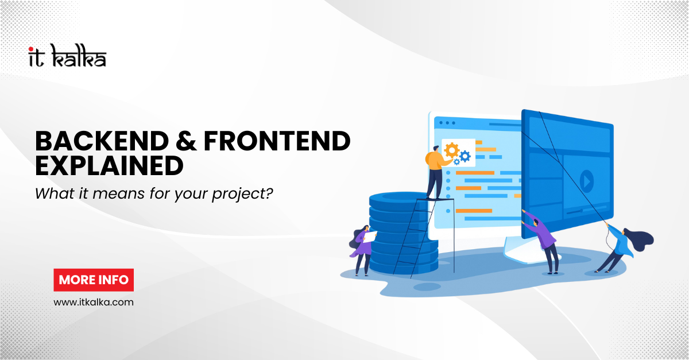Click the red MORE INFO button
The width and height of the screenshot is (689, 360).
point(94,280)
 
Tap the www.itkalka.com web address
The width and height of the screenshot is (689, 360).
point(94,301)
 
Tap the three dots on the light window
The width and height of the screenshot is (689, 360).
point(446,123)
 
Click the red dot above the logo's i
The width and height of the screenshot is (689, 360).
point(30,49)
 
